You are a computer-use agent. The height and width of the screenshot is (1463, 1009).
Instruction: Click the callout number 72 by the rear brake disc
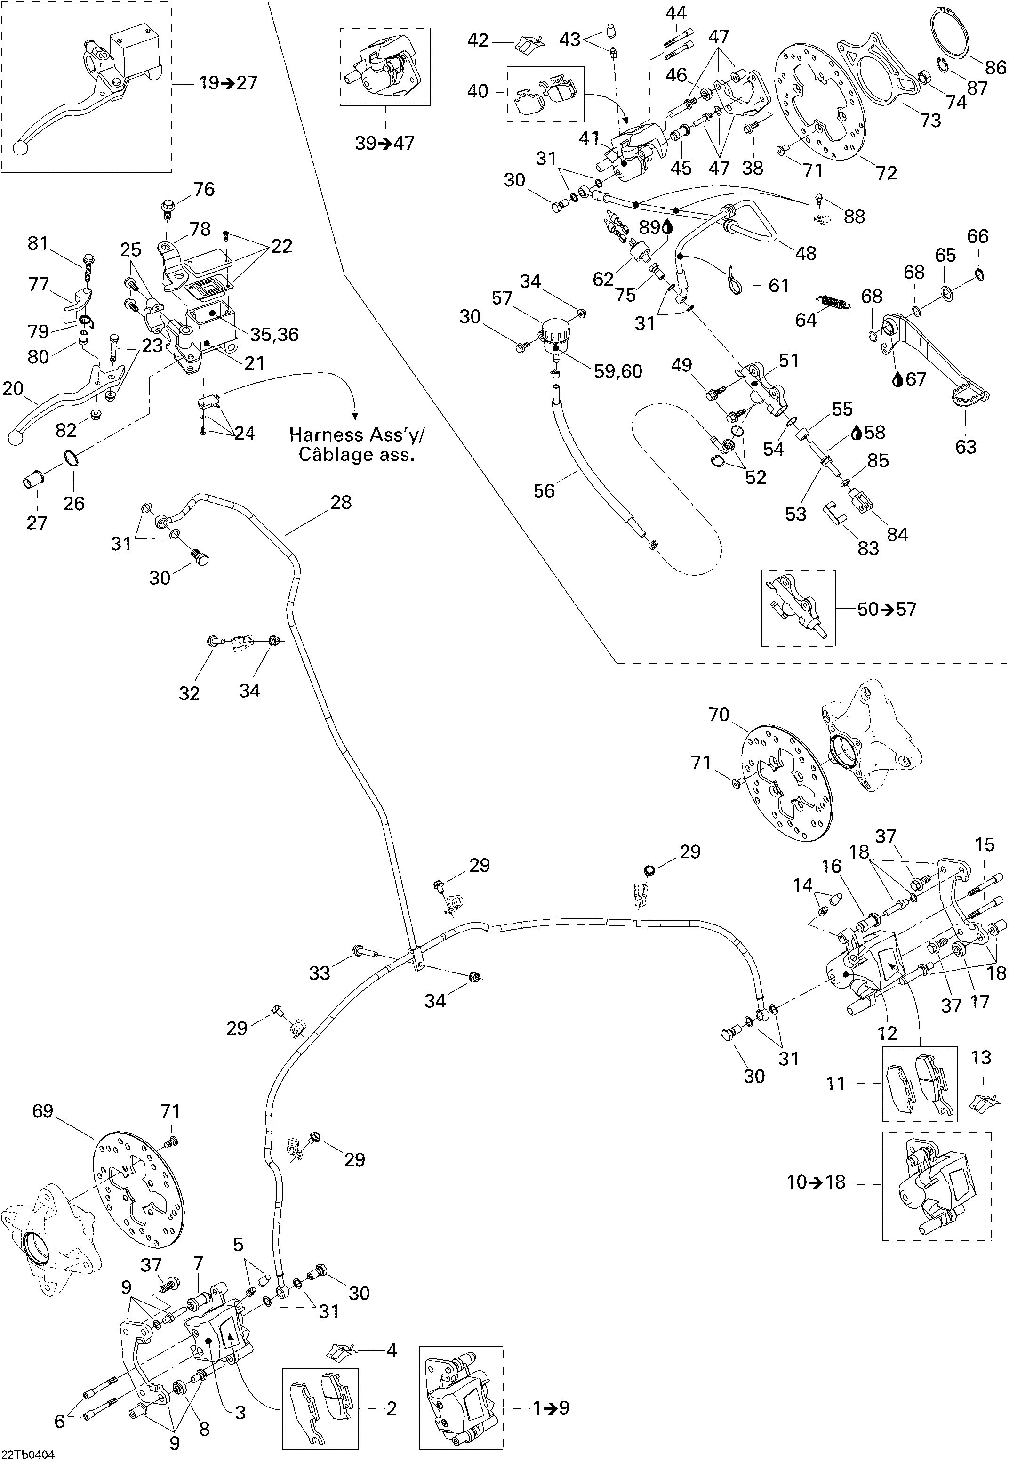886,173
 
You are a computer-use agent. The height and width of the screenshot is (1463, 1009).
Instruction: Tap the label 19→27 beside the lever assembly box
228,83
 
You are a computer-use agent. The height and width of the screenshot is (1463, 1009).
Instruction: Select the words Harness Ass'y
357,434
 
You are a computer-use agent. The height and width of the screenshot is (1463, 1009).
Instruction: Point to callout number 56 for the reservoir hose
544,490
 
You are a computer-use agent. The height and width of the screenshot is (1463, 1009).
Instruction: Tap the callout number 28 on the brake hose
341,503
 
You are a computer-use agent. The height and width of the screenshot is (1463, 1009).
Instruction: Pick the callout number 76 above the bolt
204,189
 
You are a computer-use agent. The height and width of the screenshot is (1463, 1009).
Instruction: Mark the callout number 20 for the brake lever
13,388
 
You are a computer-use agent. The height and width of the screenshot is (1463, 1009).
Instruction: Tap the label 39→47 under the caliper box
384,143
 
